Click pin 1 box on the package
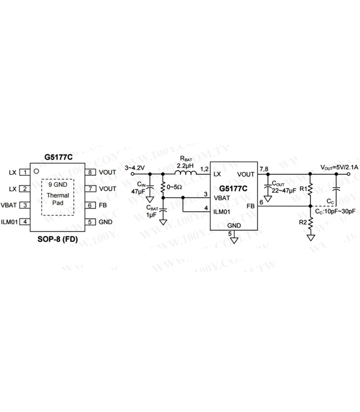tap(25, 172)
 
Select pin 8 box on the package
tap(90, 172)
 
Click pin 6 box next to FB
tap(90, 206)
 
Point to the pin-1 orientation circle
tap(36, 171)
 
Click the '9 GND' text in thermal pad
tap(58, 184)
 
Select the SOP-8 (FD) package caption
tap(57, 239)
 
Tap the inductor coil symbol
tap(186, 173)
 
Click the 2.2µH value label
tap(185, 165)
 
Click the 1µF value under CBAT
tap(152, 215)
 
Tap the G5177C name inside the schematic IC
tap(233, 189)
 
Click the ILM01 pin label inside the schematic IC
tap(222, 212)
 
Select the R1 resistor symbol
tap(310, 189)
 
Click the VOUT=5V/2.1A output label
tap(339, 167)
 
